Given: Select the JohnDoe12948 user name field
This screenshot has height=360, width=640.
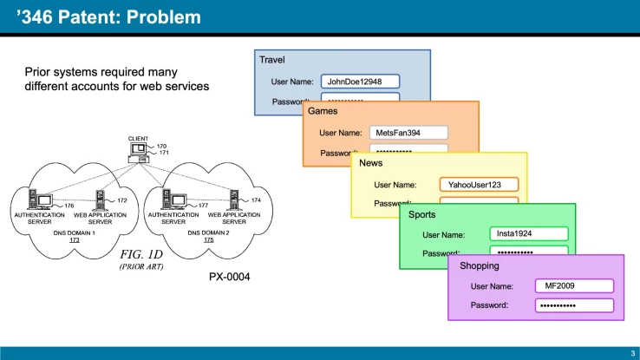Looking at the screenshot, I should click(x=360, y=82).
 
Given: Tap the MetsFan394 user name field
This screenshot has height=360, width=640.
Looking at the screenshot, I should click(x=408, y=133).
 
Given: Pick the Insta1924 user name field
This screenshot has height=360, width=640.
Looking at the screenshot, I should click(x=528, y=234).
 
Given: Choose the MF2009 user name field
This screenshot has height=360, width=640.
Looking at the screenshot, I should click(x=573, y=285).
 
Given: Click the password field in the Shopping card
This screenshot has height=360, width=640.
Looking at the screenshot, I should click(x=573, y=305).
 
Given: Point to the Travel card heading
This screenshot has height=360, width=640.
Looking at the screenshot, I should click(x=272, y=60).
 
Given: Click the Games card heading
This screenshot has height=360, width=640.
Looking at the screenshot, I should click(x=323, y=111).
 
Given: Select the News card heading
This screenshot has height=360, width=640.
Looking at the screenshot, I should click(x=371, y=162).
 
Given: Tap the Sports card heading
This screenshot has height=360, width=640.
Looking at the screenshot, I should click(x=422, y=213).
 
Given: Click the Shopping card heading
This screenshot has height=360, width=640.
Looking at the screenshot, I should click(x=480, y=265).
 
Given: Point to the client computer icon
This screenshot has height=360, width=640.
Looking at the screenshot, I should click(x=138, y=153).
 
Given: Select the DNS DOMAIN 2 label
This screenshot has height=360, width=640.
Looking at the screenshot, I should click(x=207, y=232).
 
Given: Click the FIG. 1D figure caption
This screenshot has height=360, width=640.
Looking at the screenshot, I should click(x=141, y=255).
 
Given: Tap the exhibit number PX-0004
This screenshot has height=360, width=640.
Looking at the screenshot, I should click(x=231, y=277).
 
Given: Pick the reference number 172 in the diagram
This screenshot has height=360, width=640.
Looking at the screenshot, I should click(x=122, y=200).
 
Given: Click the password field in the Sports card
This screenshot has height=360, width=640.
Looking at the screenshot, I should click(x=528, y=252).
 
